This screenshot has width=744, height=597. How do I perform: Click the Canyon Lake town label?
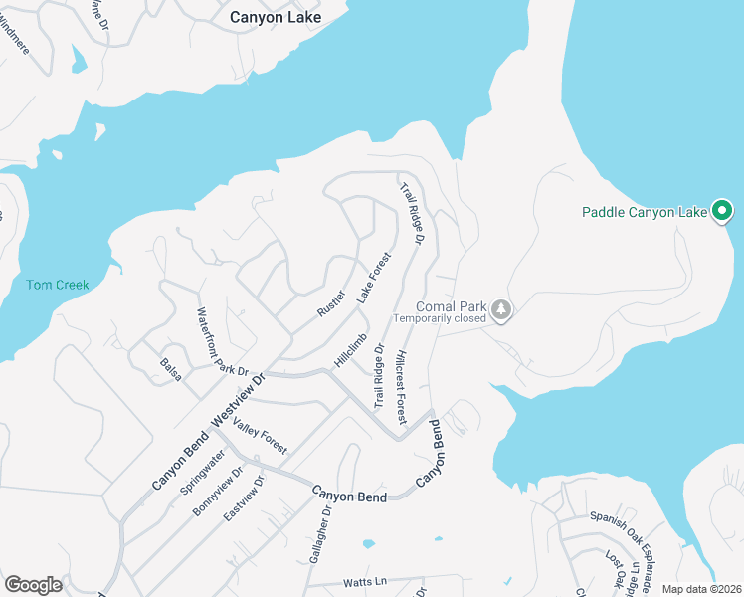pyautogui.click(x=270, y=17)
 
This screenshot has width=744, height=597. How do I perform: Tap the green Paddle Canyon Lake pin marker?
pyautogui.click(x=723, y=211)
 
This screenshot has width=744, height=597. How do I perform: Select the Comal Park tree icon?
pyautogui.click(x=502, y=309)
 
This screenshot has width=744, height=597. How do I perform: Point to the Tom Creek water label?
pyautogui.click(x=57, y=285)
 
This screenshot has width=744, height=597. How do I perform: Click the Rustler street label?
pyautogui.click(x=330, y=302)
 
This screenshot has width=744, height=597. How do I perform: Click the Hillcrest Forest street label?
pyautogui.click(x=400, y=382)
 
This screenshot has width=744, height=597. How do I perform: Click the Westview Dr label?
pyautogui.click(x=240, y=395)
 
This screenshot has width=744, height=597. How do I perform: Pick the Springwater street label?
pyautogui.click(x=202, y=473)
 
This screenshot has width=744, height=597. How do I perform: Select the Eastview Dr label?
pyautogui.click(x=244, y=498)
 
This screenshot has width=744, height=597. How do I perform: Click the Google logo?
pyautogui.click(x=33, y=584)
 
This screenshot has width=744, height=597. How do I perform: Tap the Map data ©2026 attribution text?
pyautogui.click(x=701, y=589)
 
